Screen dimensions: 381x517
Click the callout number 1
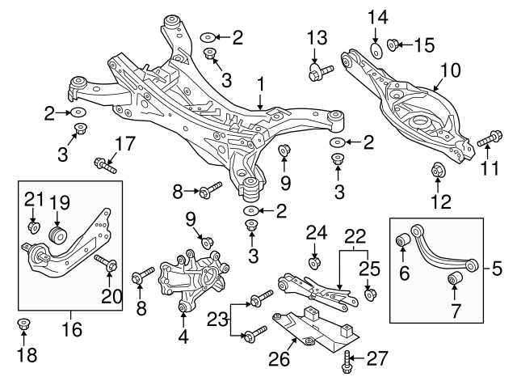tap(261, 83)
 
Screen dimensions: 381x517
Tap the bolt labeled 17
tap(106, 165)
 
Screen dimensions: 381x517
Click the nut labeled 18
tap(23, 326)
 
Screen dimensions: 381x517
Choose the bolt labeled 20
tap(106, 264)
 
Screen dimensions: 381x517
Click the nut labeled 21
tap(33, 226)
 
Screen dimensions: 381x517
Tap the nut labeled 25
tap(368, 292)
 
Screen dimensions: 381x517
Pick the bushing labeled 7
tap(453, 280)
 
